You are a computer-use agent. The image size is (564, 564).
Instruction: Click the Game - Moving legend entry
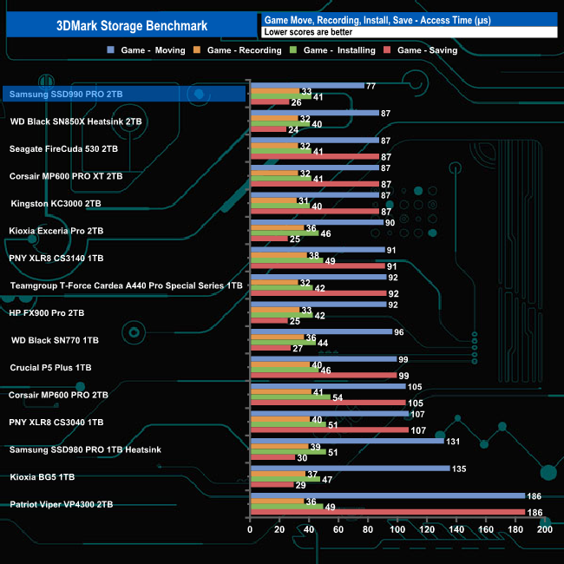153,50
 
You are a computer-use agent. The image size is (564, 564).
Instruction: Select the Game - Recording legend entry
244,50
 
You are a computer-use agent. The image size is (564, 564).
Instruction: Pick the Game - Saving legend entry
427,50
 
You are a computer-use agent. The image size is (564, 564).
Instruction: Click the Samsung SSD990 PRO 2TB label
66,94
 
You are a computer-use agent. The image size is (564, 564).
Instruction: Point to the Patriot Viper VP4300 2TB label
61,504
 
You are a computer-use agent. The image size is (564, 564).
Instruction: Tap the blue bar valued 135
349,469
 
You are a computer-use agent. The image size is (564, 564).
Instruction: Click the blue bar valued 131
346,441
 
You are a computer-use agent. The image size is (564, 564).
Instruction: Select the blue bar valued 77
306,86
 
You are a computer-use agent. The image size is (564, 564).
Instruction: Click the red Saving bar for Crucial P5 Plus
323,376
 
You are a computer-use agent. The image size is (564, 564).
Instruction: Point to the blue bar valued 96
320,331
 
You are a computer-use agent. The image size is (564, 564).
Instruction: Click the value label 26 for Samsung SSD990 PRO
296,102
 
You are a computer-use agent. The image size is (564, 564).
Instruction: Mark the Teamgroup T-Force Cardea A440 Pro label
127,285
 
